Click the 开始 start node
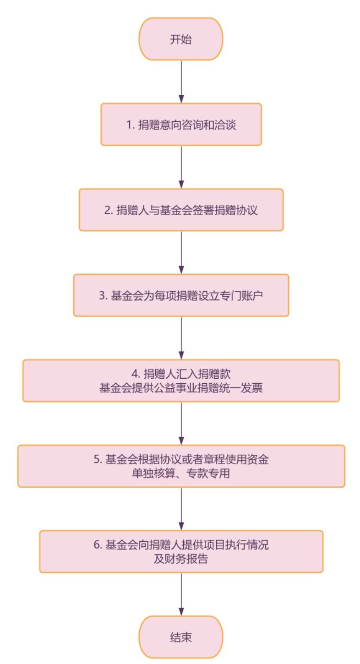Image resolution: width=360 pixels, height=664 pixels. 181,39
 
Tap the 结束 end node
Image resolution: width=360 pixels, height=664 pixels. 181,637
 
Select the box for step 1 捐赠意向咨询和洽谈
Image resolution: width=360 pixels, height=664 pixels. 181,125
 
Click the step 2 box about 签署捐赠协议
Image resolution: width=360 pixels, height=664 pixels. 181,210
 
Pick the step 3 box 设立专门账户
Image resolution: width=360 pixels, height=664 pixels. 181,295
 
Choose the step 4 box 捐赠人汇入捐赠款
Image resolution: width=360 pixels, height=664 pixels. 181,381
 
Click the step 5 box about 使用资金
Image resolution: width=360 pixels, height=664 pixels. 181,466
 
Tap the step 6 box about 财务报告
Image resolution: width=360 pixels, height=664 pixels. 181,552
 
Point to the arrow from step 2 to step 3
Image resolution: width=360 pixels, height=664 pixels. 181,252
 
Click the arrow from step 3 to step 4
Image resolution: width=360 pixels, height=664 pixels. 181,338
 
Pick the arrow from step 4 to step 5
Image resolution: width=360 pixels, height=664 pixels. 181,423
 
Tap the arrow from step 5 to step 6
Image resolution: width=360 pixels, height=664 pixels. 181,509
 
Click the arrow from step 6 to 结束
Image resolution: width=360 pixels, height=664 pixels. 181,594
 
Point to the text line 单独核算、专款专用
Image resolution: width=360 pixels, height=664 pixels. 181,474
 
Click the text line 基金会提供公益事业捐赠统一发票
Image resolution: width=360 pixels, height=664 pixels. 181,388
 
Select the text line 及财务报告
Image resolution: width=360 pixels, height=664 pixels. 181,559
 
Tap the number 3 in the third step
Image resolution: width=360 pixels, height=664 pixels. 102,296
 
